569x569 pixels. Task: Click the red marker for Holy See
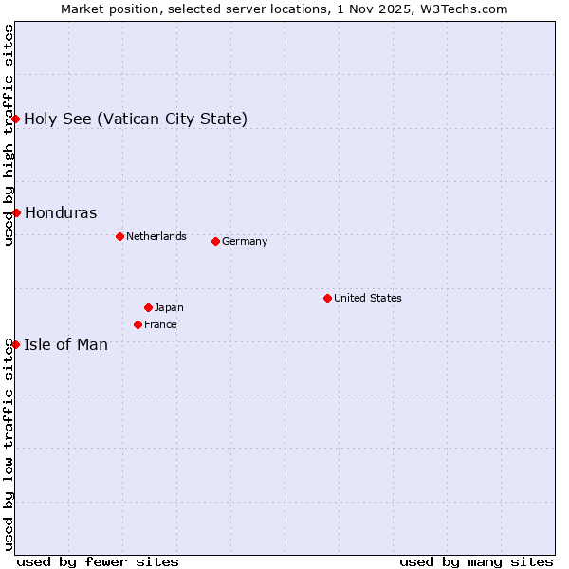[16, 119]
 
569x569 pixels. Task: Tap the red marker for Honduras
[16, 212]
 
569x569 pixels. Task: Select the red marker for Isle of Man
[16, 344]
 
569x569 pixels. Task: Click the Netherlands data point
[119, 236]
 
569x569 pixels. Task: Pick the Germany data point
[215, 241]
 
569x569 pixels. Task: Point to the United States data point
[327, 298]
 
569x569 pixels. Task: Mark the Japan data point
[148, 307]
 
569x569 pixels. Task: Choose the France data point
[138, 324]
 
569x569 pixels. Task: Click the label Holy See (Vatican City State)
[136, 119]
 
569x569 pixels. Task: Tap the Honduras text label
[61, 212]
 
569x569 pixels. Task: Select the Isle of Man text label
[66, 344]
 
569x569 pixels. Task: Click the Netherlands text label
[156, 236]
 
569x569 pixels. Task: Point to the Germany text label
[245, 241]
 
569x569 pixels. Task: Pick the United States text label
[368, 298]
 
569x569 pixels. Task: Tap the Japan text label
[169, 307]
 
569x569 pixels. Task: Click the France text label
[160, 324]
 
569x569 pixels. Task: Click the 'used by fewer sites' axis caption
[98, 561]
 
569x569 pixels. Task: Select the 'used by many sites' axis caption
[476, 561]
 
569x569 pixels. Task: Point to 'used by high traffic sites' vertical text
[9, 135]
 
